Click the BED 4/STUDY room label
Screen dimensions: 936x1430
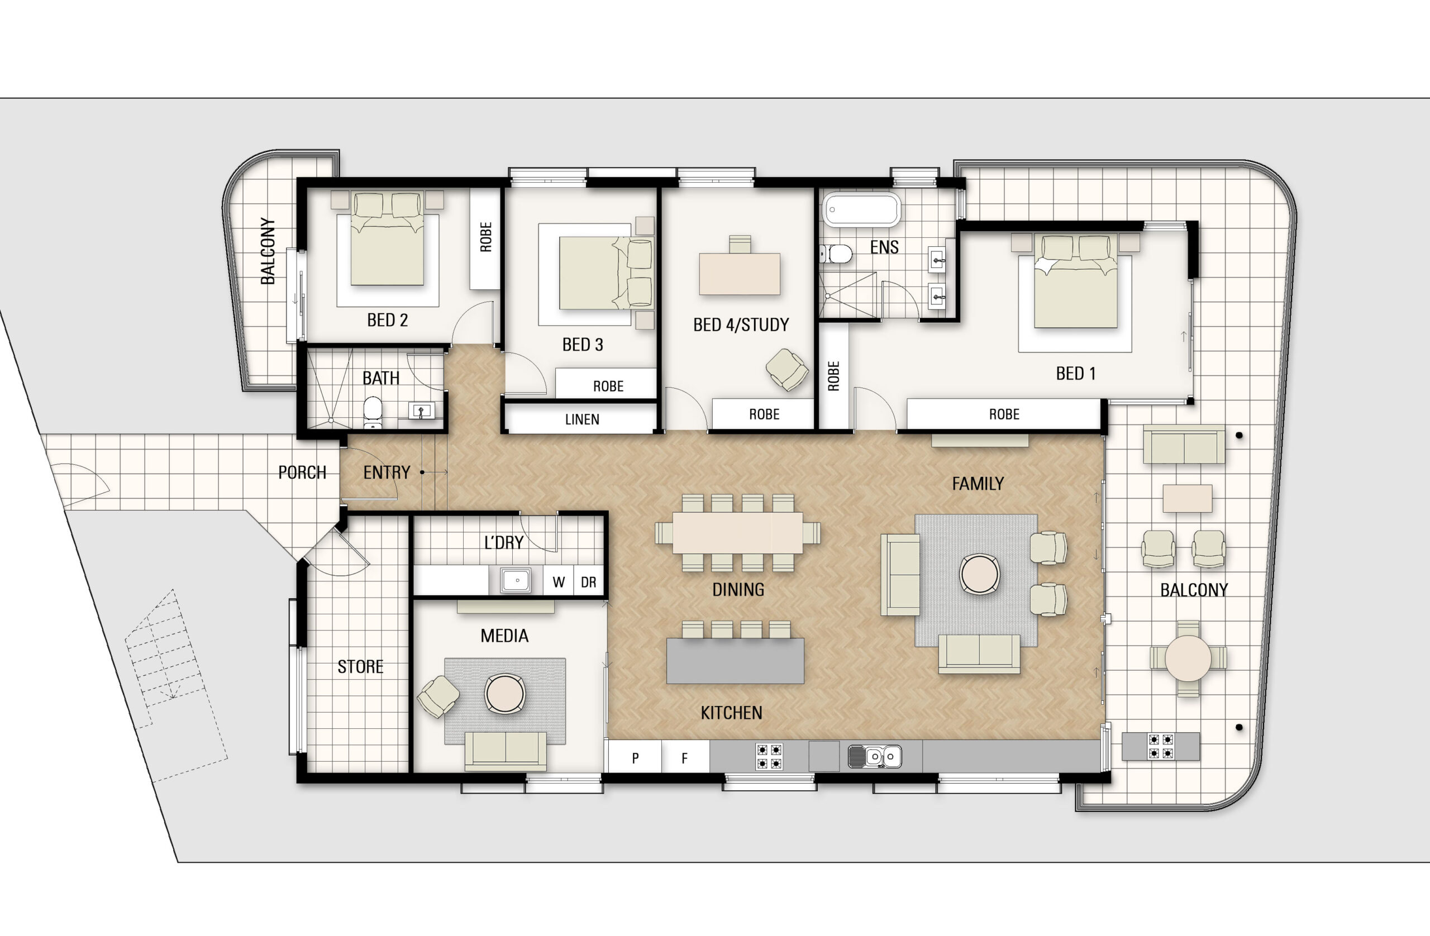tap(740, 325)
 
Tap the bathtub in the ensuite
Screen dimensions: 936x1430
tap(861, 209)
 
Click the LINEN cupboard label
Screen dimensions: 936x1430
tap(581, 419)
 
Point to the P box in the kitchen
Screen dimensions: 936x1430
tap(635, 758)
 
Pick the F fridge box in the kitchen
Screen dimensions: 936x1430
tap(684, 758)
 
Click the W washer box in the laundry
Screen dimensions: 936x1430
tap(558, 581)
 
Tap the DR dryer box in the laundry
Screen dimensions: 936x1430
tap(588, 581)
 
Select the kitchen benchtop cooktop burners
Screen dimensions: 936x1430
tap(769, 756)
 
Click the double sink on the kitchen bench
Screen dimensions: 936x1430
tap(875, 756)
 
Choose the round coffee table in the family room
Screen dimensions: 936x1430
tap(979, 574)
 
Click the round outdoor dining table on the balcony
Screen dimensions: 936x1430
tap(1188, 658)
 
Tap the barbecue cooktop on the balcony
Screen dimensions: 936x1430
tap(1160, 746)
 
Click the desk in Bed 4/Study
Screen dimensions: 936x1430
tap(740, 274)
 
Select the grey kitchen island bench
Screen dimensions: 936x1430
tap(735, 661)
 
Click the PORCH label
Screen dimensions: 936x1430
tap(302, 473)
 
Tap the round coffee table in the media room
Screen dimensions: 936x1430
tap(505, 693)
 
